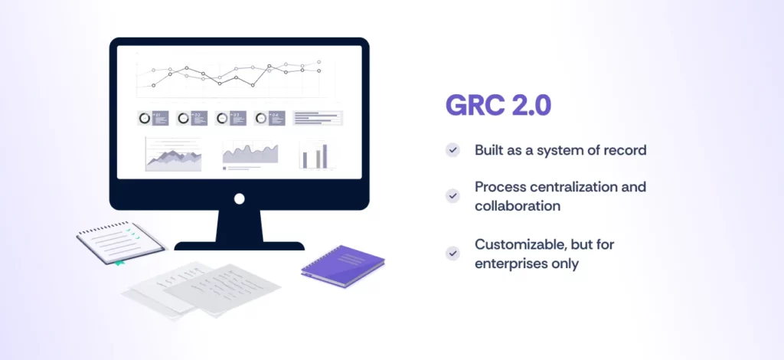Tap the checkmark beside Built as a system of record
(453, 150)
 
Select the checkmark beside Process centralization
(453, 196)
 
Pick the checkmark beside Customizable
(453, 254)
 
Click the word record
(624, 150)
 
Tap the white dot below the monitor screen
(239, 198)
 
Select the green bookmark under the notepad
(119, 263)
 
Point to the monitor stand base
(239, 246)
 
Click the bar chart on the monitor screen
(314, 155)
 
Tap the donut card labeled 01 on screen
(153, 118)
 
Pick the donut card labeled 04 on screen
(269, 118)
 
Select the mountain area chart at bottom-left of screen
(173, 155)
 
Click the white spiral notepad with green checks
(121, 241)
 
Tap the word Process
(499, 187)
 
